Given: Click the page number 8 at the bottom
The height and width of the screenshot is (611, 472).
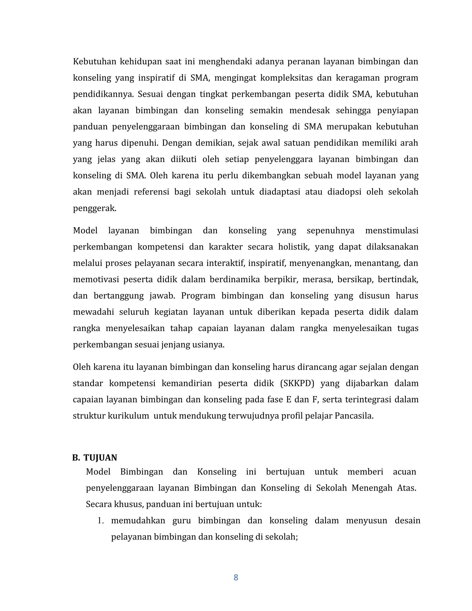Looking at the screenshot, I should point(236,577).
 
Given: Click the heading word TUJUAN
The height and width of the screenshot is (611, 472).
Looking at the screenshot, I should point(100,458).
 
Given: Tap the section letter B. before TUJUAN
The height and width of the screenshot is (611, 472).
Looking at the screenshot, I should point(76,458).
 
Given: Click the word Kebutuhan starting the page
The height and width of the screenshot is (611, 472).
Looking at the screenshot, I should point(94,62).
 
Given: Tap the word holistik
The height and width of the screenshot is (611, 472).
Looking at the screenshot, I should point(293,247).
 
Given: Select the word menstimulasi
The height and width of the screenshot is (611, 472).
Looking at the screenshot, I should point(392,231).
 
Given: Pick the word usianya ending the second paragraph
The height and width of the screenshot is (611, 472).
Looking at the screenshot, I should point(208,345).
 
